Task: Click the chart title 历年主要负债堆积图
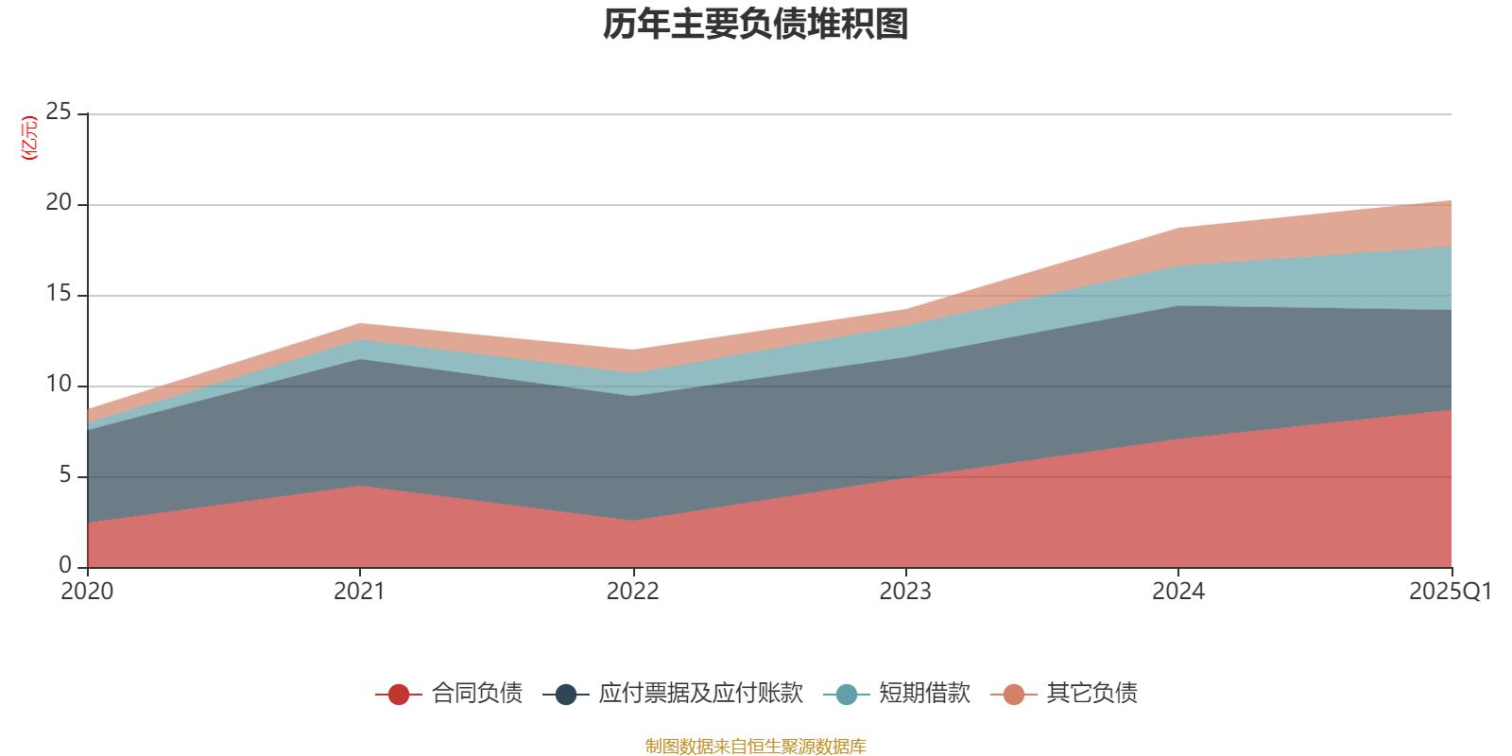click(x=755, y=25)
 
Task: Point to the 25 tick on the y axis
click(x=59, y=112)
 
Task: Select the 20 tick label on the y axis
click(x=59, y=203)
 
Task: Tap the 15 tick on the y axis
click(x=59, y=294)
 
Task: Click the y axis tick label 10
click(x=59, y=385)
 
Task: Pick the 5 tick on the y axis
click(x=65, y=475)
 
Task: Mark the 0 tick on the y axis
click(x=65, y=565)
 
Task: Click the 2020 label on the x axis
click(x=87, y=592)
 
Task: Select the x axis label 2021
click(x=359, y=592)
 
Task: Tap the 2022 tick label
click(x=632, y=592)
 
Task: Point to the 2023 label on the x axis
click(x=905, y=592)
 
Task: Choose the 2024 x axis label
click(x=1177, y=592)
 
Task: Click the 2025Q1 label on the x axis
click(x=1450, y=592)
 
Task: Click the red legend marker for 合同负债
click(x=399, y=695)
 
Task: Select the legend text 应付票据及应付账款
click(x=700, y=694)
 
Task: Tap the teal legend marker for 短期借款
click(x=847, y=695)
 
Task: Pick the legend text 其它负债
click(x=1091, y=694)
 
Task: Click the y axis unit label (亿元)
click(x=30, y=138)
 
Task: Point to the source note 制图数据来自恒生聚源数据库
click(x=755, y=747)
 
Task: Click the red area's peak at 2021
click(x=360, y=487)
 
